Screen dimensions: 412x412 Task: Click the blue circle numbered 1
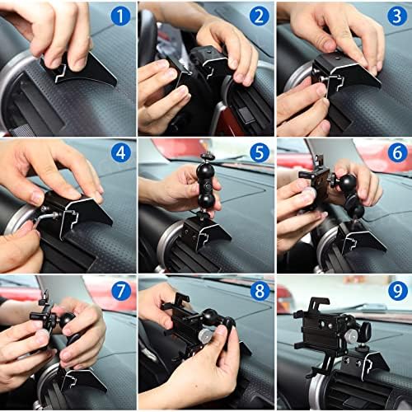[120, 16]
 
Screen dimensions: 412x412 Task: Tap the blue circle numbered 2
[259, 16]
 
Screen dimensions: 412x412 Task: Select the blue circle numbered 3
[397, 16]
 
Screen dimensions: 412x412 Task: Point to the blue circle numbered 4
[120, 152]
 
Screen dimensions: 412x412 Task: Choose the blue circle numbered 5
[260, 152]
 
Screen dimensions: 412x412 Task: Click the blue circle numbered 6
[397, 152]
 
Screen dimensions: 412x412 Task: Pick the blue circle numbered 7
[121, 291]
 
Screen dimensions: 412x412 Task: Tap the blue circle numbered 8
[260, 291]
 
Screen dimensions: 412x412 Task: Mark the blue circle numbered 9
[398, 291]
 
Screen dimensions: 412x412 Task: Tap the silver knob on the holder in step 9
[349, 335]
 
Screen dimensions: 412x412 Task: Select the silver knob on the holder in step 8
[204, 335]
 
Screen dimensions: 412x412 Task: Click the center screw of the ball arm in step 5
[208, 188]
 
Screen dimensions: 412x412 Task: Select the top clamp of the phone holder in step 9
[319, 303]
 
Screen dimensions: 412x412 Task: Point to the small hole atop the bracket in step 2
[209, 51]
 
